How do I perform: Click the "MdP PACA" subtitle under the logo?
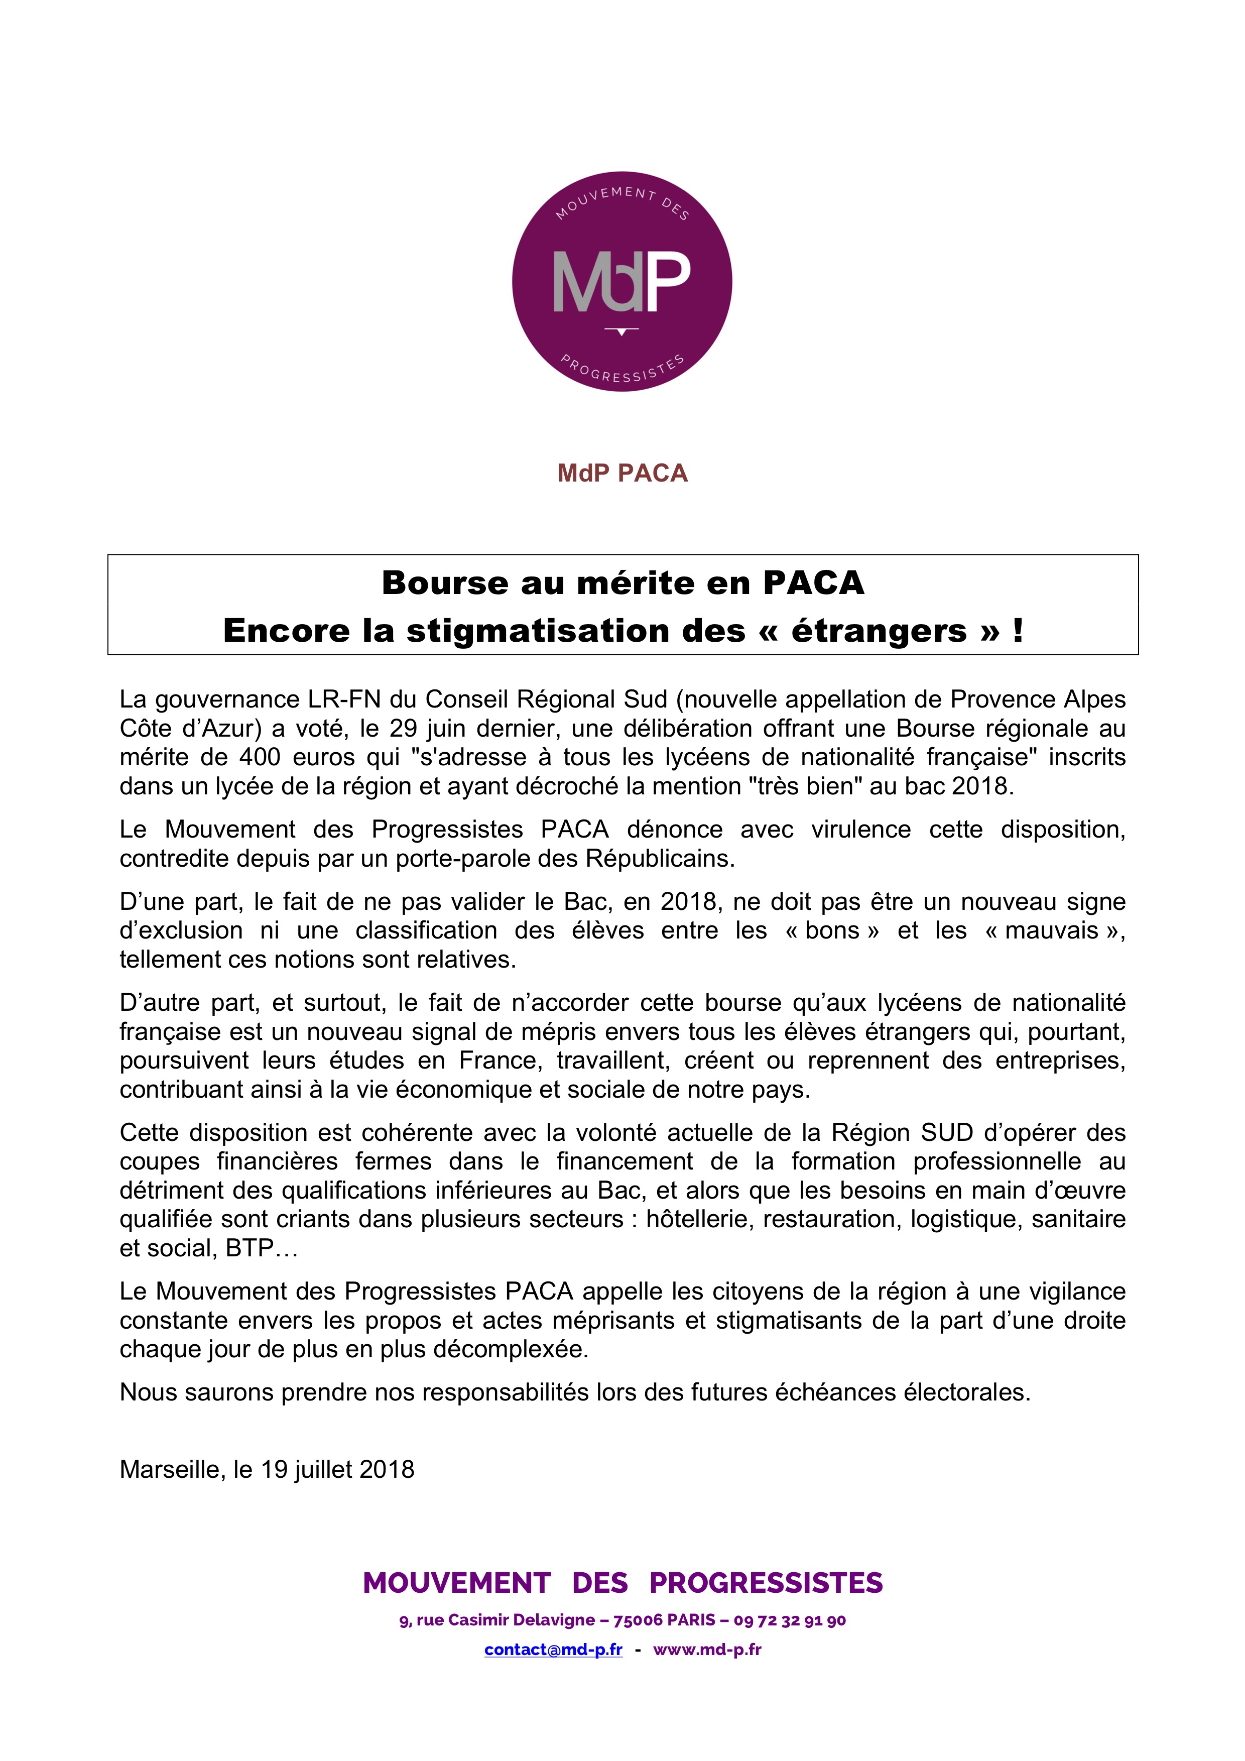point(623,473)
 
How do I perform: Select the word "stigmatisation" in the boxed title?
point(575,631)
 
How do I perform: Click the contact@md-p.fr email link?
point(553,1649)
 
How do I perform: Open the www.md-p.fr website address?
point(707,1649)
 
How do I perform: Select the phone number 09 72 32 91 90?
point(790,1620)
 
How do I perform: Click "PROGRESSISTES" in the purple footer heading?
point(766,1582)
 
